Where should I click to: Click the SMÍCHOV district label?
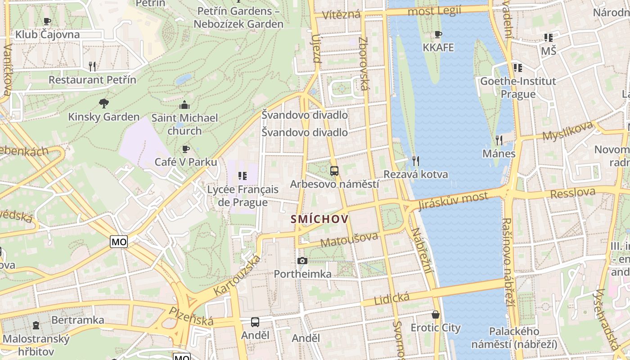319,219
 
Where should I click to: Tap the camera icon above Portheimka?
302,261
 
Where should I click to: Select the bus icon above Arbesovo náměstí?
334,171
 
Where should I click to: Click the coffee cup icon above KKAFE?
438,34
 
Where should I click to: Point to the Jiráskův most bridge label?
453,201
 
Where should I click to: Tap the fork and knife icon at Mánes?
499,140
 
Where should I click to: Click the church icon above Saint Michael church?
184,105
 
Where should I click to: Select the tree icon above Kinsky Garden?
103,103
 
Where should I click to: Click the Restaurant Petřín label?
92,80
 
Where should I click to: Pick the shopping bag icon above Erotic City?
435,314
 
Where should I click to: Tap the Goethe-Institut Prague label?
518,87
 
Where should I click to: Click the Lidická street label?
391,298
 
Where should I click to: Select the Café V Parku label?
186,162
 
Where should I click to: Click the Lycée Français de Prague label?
243,196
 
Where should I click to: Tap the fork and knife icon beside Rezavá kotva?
416,161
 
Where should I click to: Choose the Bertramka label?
78,320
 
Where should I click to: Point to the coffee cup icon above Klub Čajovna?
47,21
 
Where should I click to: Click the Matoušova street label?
349,240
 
